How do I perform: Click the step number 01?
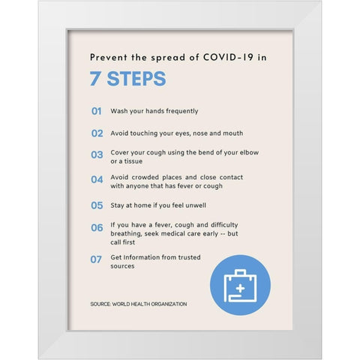tap(97, 111)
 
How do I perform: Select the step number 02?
tap(97, 133)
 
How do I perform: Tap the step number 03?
tap(97, 154)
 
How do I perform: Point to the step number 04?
tap(97, 179)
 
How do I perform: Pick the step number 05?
tap(97, 205)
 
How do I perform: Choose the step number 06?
tap(97, 228)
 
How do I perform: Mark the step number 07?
tap(96, 259)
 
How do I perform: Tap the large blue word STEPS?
tap(136, 79)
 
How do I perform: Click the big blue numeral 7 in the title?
tap(95, 79)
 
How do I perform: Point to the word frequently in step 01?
tap(182, 111)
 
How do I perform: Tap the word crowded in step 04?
tap(145, 177)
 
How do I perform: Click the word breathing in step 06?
tap(126, 234)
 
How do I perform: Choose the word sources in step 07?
tap(122, 266)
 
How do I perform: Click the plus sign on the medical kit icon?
tap(240, 289)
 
